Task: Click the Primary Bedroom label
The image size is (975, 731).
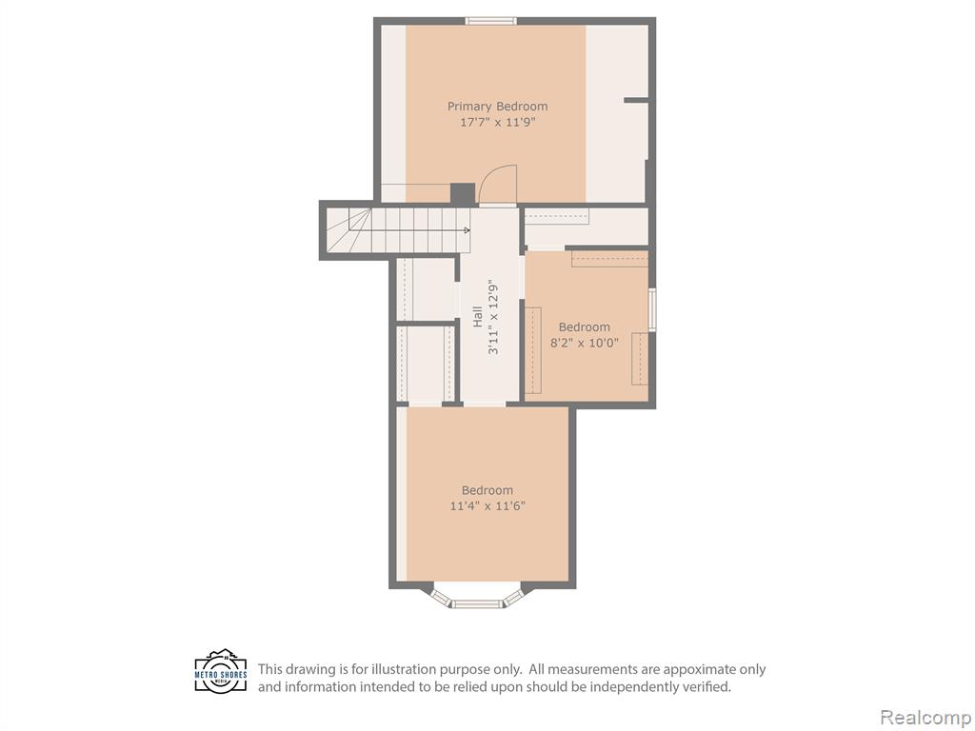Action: (x=497, y=107)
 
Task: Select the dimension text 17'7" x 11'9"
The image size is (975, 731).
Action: (x=497, y=123)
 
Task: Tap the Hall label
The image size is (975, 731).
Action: (x=478, y=316)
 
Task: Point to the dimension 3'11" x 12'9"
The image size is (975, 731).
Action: (x=493, y=316)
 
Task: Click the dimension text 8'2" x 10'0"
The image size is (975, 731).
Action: (x=585, y=343)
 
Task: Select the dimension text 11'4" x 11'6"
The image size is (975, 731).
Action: (x=487, y=506)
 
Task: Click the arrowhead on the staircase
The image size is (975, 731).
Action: (x=467, y=230)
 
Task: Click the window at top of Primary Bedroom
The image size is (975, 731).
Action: (x=491, y=21)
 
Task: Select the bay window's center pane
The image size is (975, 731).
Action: (x=476, y=603)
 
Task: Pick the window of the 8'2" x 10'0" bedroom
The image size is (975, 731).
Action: (x=651, y=309)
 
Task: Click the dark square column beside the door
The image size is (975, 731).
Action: (x=463, y=193)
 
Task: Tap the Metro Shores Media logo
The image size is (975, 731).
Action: (x=221, y=672)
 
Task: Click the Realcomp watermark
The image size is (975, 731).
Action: (x=925, y=717)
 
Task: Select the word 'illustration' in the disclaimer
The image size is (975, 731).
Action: (x=406, y=669)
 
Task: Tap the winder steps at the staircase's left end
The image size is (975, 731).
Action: (x=348, y=230)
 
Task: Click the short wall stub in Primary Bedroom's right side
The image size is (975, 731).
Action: (x=636, y=99)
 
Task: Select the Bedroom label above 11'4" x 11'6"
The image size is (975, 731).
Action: (x=487, y=490)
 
